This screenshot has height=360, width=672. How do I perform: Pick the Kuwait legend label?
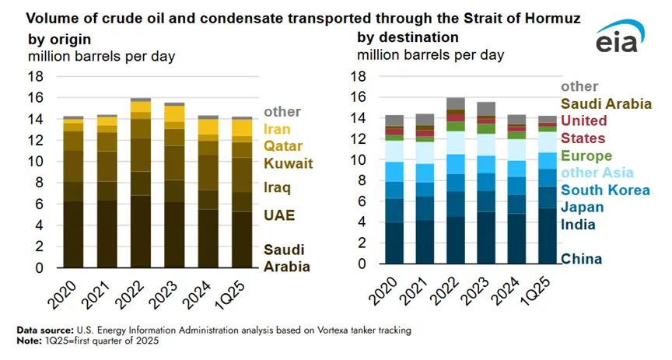pos(288,163)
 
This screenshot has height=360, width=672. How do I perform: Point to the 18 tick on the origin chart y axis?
pos(36,76)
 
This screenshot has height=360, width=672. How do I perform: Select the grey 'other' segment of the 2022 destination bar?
pos(456,103)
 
